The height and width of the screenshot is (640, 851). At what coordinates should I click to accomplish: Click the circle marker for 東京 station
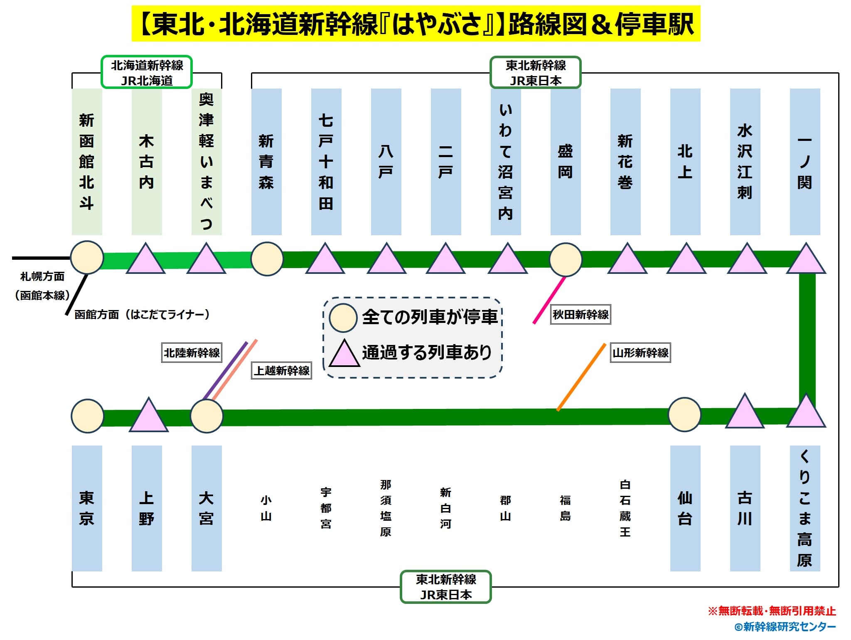click(87, 416)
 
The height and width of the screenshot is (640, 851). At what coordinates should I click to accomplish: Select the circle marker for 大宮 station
click(207, 416)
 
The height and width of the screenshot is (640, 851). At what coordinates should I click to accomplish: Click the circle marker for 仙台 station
click(684, 414)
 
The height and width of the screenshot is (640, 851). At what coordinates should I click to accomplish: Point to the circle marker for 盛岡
click(566, 260)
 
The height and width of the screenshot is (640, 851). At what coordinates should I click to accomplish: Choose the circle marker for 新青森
click(267, 259)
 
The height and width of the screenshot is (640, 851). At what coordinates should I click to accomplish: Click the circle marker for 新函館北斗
click(87, 258)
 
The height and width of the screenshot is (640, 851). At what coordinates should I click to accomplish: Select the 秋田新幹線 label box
click(580, 315)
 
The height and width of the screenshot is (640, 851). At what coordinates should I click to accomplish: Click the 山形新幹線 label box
click(640, 353)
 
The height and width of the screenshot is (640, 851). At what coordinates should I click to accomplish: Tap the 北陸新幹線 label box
click(192, 353)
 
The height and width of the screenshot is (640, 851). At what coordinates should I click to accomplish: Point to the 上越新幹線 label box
click(282, 370)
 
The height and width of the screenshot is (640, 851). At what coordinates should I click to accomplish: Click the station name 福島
click(565, 508)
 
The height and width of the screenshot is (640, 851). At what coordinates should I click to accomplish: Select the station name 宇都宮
click(326, 508)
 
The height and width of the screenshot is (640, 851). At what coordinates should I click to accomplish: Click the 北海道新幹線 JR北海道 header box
click(147, 72)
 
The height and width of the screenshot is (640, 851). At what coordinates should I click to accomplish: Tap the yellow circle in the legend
click(343, 318)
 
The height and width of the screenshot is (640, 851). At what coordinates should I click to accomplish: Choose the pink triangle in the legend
click(344, 354)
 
